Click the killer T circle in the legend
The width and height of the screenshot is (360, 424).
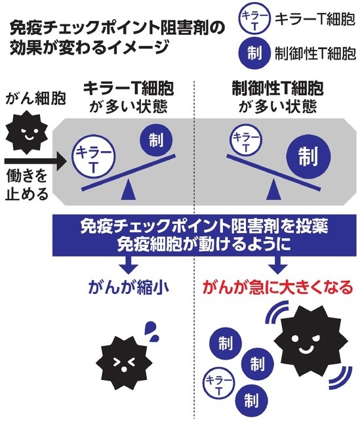tap(254, 18)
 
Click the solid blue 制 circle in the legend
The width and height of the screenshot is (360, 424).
tap(254, 53)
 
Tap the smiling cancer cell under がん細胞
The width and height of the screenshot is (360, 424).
tap(26, 132)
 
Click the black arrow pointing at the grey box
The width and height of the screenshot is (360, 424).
tap(35, 161)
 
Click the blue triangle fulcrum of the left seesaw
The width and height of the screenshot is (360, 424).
tap(128, 190)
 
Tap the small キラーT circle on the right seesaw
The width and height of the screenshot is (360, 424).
tap(245, 140)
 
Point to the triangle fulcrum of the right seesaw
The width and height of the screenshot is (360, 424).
tap(273, 190)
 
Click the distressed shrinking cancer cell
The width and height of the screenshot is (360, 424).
tap(124, 363)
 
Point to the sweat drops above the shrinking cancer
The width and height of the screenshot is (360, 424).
tap(151, 332)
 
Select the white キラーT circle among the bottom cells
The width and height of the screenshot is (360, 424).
tap(219, 384)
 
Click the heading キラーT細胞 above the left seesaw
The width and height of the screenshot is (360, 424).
tap(129, 89)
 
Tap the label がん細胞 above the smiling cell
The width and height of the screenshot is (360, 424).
tap(35, 98)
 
